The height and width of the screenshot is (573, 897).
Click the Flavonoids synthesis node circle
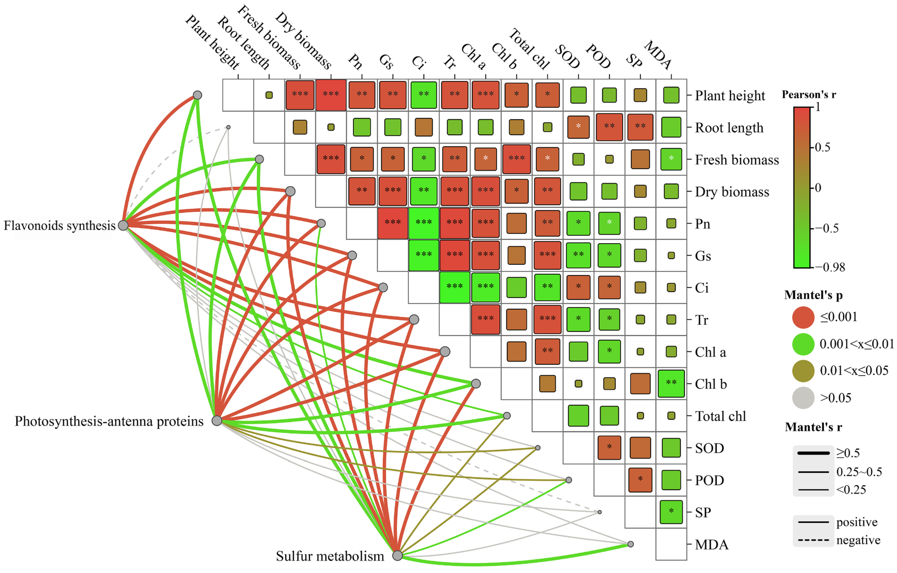pos(123,225)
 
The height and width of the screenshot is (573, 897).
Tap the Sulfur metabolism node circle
pos(397,555)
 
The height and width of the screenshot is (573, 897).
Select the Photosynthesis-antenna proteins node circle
pos(217,421)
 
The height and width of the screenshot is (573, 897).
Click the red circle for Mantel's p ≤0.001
pos(803,317)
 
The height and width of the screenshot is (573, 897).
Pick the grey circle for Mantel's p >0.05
pos(803,398)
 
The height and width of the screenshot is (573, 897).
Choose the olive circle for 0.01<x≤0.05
pos(803,371)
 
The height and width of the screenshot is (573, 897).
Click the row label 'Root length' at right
pos(729,128)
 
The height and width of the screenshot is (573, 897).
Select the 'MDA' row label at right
pos(711,545)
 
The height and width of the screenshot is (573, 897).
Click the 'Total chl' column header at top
pos(529,50)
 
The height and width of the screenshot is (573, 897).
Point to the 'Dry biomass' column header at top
pos(303,41)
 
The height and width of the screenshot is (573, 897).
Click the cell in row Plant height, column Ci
pos(424,95)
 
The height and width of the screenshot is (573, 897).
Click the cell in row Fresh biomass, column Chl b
pos(516,159)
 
